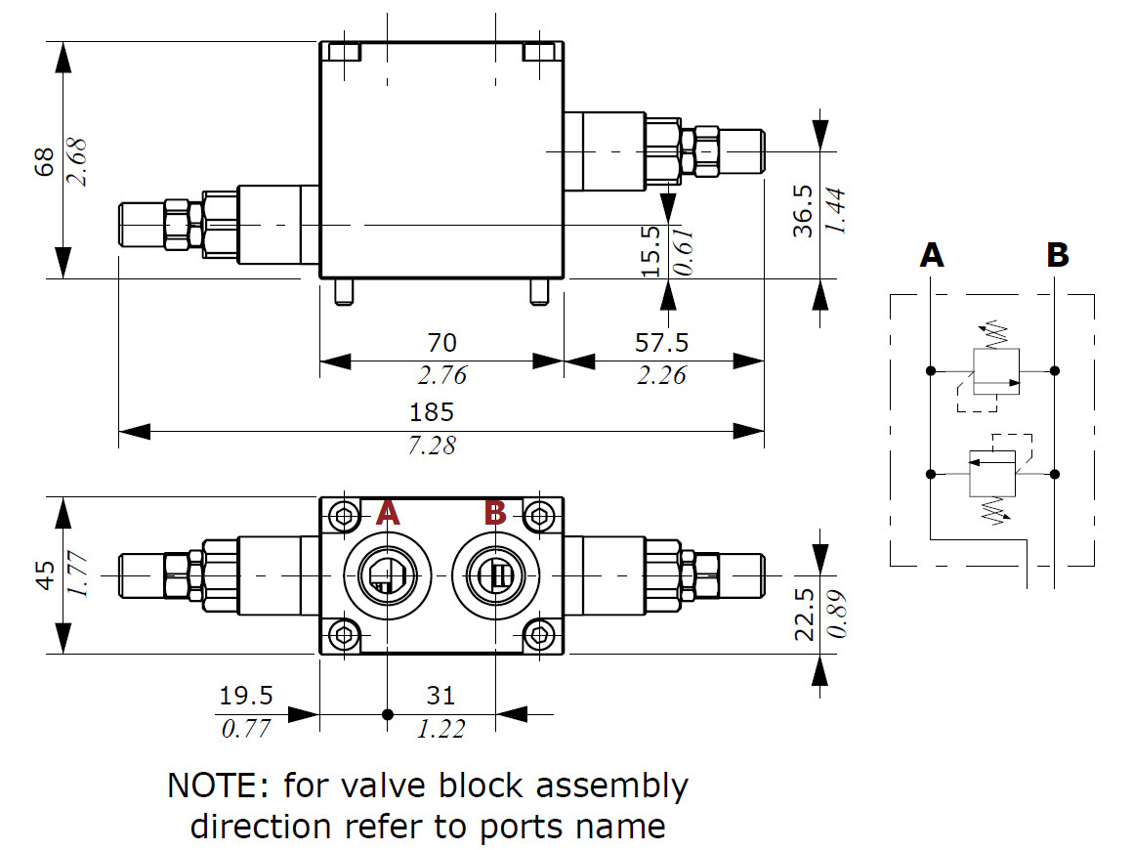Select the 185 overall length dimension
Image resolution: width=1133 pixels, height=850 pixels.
coord(441,411)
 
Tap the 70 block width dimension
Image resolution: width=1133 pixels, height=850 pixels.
coord(441,342)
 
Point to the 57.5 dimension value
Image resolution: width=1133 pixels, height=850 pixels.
coord(662,342)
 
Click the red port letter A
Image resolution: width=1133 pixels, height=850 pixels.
coord(388,512)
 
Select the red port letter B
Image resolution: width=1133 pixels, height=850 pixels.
coord(495,512)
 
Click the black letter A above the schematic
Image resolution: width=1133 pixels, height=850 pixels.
coord(932,256)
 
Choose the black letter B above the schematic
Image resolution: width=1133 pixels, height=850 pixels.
coord(1057,256)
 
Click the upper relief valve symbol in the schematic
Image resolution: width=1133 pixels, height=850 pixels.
coord(995,369)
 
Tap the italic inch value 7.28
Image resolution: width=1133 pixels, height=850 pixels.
coord(431,446)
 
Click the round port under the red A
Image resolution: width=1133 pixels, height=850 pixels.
coord(387,575)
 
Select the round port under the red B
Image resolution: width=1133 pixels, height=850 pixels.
coord(495,575)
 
